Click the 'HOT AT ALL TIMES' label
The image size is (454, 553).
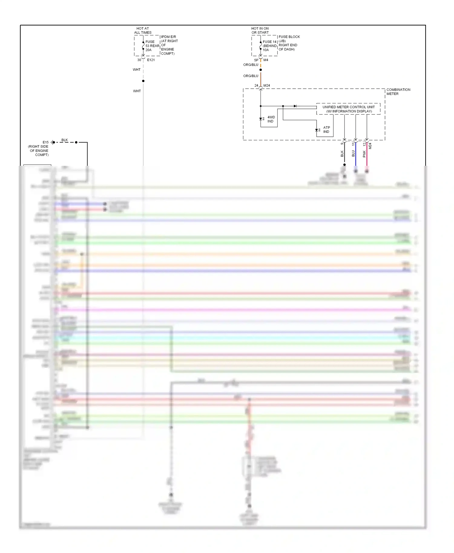coord(143,31)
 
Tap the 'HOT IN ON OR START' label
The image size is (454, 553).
coord(260,31)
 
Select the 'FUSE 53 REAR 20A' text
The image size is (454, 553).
coord(152,46)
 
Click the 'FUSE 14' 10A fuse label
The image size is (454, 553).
coord(269,46)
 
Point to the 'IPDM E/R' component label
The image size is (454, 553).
coord(169,37)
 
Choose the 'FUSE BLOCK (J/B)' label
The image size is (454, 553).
coord(289,39)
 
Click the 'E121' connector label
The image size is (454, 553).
coord(151,60)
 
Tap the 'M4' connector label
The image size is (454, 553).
coord(266,60)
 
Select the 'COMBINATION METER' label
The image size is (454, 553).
coord(398,92)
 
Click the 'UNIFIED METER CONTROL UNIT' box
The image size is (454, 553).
coord(348,109)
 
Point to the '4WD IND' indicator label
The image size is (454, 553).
coord(271,119)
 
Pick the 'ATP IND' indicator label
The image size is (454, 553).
coord(326,130)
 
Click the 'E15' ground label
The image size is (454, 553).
coord(45,142)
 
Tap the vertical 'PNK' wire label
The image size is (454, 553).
coord(364,154)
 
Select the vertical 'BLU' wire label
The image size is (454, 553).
coord(353,154)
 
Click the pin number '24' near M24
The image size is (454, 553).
coord(256,86)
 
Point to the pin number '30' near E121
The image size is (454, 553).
coord(139,60)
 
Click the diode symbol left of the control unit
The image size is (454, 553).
coord(295,106)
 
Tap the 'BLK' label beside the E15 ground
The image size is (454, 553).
coord(64,140)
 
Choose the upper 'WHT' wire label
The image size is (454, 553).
coord(137,70)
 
